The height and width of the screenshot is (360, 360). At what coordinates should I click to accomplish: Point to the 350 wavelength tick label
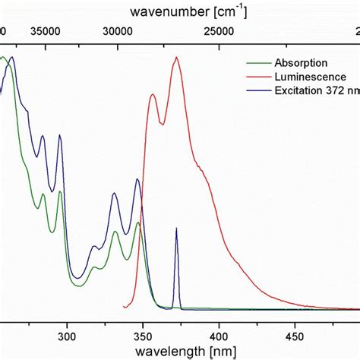click(143, 334)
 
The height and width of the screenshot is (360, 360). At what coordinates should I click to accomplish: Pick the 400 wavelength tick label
click(219, 334)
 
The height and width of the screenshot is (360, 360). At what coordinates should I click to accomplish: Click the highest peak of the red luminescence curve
click(177, 58)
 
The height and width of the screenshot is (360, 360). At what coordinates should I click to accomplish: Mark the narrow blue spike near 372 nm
click(176, 229)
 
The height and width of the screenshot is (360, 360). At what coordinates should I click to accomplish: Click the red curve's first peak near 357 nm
click(153, 94)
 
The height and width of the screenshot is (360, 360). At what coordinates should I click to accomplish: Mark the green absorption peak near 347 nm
click(138, 223)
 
